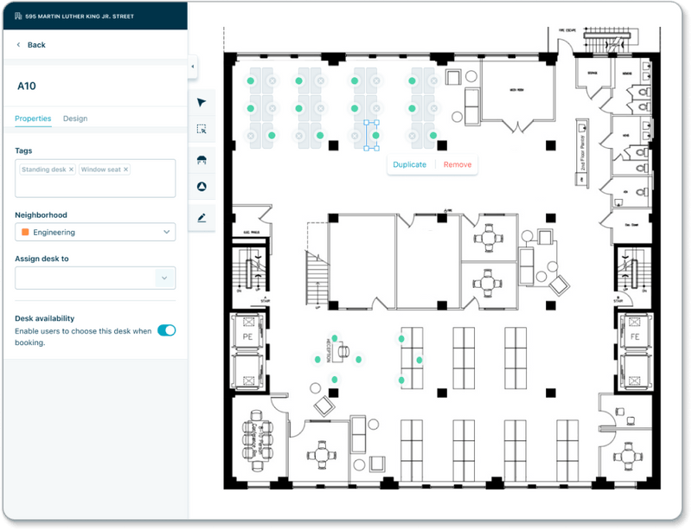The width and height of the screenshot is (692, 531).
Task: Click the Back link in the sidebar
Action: (35, 45)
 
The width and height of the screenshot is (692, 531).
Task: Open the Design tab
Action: (75, 118)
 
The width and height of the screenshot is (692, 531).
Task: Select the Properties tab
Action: (33, 118)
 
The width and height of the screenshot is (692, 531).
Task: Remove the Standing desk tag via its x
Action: (71, 170)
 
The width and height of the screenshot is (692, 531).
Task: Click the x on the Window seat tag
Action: (125, 170)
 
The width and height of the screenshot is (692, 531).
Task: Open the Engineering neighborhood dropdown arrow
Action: (166, 232)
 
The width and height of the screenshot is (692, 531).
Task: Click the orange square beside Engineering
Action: (25, 232)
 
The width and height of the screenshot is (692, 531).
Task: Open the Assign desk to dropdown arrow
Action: (164, 278)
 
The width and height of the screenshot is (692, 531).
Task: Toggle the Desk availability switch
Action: (166, 330)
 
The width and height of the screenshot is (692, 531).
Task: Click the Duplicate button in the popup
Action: (409, 164)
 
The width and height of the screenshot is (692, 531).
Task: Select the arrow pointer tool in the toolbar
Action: (202, 102)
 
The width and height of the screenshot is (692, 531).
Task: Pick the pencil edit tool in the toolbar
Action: (202, 218)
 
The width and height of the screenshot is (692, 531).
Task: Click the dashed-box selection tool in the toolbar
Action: (202, 130)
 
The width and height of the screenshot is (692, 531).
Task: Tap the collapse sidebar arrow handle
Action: (192, 66)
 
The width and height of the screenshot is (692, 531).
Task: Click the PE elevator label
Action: (247, 336)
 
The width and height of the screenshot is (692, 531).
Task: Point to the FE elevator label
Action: (634, 336)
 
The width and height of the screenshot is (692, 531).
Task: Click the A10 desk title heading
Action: (27, 86)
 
